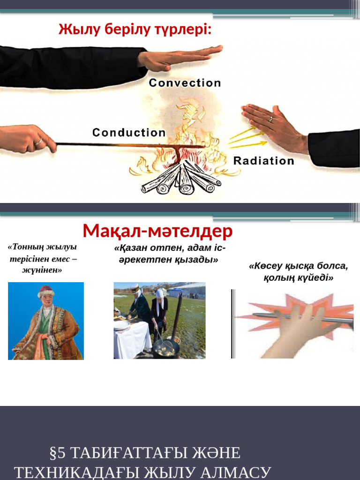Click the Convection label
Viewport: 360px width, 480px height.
[185, 83]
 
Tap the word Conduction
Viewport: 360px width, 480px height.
[129, 133]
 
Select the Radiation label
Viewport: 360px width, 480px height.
[264, 161]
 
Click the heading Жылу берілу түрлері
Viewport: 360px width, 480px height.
[135, 30]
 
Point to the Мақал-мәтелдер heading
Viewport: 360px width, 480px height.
[157, 231]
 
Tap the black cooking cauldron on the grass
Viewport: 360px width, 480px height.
[166, 348]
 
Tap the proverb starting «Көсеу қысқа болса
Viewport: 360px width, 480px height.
[298, 272]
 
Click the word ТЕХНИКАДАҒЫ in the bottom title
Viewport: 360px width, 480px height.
[94, 472]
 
